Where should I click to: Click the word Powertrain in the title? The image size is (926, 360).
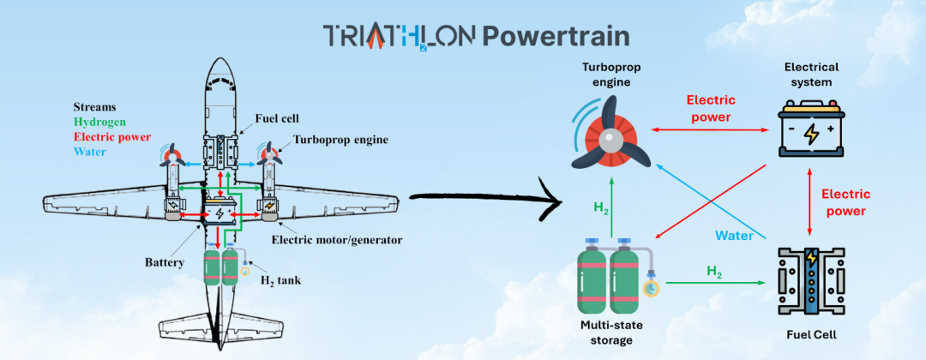555,35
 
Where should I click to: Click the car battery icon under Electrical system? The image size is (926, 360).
810,129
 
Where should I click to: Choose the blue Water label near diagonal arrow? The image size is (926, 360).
735,235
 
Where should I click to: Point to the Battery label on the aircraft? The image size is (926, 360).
167,261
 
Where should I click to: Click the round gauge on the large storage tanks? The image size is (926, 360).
652,288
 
